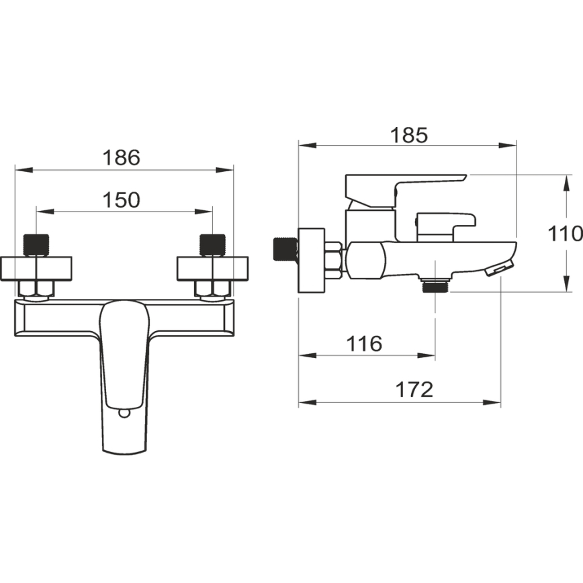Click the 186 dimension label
point(122,158)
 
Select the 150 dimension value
point(122,199)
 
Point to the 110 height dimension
point(565,234)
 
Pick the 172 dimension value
point(414,390)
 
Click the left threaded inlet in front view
point(38,244)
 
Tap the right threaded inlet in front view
point(212,244)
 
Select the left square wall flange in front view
point(38,268)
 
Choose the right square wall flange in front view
point(212,268)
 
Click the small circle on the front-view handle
point(124,411)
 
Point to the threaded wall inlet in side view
point(285,250)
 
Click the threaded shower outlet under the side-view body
point(435,285)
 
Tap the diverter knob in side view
point(445,226)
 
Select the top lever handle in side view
point(403,185)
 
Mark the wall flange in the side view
point(311,260)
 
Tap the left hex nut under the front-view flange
point(38,289)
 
